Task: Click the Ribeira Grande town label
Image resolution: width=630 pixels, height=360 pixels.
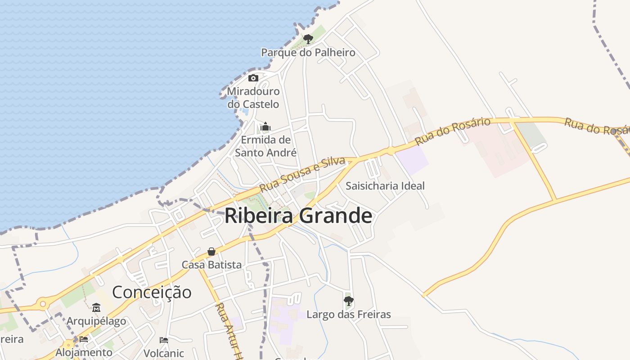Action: tap(298, 216)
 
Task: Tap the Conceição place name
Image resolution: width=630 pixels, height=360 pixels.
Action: tap(152, 292)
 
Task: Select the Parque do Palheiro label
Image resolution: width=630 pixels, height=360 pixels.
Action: tap(308, 53)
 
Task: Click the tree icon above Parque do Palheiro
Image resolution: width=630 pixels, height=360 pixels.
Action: tap(308, 39)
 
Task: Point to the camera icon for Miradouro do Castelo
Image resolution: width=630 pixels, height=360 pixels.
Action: tap(253, 78)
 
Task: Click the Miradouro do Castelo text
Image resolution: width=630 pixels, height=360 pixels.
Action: tap(253, 98)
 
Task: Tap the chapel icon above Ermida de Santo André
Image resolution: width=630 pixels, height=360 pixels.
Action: tap(265, 126)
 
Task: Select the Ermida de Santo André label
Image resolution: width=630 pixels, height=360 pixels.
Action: tap(265, 146)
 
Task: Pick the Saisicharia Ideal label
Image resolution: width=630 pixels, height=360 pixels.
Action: tap(385, 186)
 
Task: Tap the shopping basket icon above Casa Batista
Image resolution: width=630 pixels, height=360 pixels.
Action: tap(211, 252)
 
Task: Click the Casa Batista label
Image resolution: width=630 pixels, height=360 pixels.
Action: tap(211, 265)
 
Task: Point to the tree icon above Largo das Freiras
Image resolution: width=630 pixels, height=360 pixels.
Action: tap(348, 300)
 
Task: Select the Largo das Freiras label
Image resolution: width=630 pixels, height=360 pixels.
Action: tap(348, 314)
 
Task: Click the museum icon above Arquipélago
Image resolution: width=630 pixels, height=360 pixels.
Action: tap(96, 308)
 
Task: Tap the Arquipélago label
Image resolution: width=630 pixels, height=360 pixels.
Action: tap(96, 321)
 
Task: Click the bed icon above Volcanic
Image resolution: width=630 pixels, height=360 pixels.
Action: tap(164, 340)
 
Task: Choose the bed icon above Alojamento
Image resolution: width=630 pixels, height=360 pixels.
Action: tap(84, 339)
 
